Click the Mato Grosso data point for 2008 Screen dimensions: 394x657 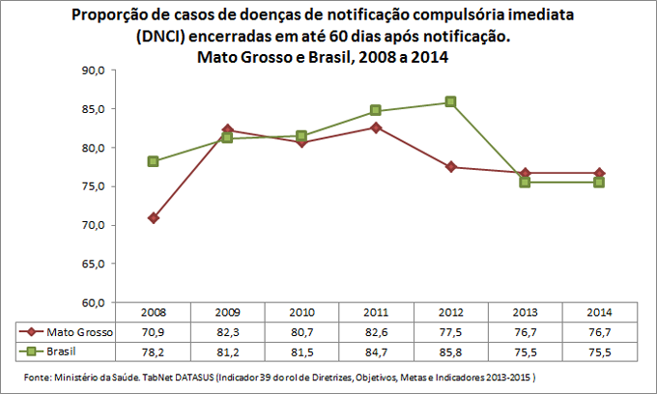pos(153,218)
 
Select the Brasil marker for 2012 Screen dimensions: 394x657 pos(450,102)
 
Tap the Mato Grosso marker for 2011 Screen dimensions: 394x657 pos(376,127)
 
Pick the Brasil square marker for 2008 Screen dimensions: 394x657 pos(153,161)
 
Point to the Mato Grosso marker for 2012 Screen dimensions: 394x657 pos(450,167)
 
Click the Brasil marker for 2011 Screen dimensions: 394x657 pos(376,111)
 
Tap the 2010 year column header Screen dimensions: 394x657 pos(301,313)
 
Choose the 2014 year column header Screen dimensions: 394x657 pos(599,313)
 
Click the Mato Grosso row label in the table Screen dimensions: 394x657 pos(79,331)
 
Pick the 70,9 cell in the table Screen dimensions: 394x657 pos(153,331)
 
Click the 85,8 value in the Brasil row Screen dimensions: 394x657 pos(450,350)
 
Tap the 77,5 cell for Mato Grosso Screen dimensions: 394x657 pos(450,331)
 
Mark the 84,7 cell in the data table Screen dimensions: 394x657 pos(376,350)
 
